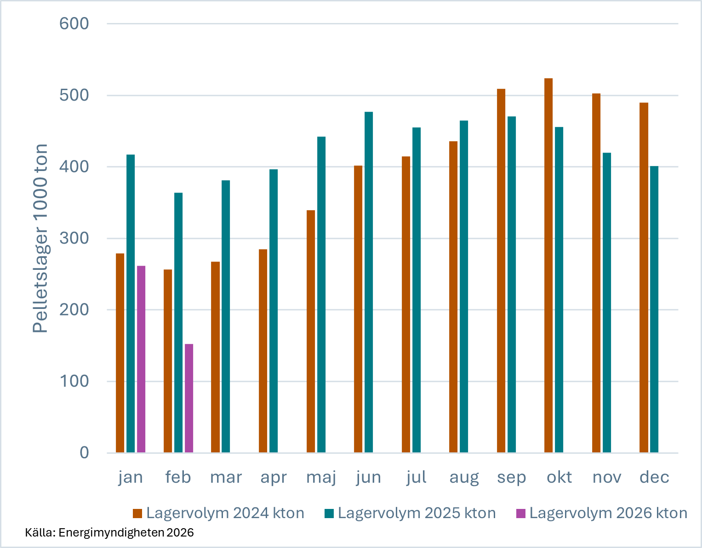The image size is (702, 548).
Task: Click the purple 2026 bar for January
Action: [141, 359]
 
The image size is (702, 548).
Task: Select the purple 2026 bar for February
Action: [189, 398]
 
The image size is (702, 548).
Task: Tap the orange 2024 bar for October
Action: [548, 265]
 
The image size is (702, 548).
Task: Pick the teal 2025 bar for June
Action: [369, 282]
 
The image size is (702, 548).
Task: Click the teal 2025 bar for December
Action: [654, 309]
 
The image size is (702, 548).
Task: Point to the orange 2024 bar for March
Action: [215, 357]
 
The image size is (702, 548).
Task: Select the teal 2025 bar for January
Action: [131, 303]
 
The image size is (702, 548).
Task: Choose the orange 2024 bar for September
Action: [501, 270]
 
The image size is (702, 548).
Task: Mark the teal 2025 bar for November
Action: [607, 303]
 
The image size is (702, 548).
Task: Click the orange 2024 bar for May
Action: [311, 331]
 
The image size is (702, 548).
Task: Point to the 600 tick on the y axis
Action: [74, 23]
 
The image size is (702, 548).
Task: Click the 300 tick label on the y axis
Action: [74, 238]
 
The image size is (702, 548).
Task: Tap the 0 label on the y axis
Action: [84, 453]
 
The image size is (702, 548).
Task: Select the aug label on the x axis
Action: [464, 477]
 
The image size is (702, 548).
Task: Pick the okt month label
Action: [559, 477]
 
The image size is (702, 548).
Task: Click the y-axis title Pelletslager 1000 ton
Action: [40, 238]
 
